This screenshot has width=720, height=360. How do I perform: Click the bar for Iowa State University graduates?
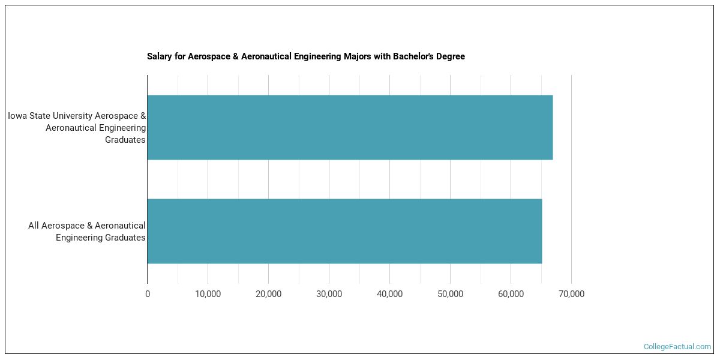(x=350, y=127)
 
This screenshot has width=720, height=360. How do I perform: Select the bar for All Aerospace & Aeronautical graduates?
(x=344, y=231)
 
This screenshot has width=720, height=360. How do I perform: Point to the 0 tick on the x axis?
(x=148, y=294)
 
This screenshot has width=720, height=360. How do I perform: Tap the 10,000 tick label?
(x=208, y=294)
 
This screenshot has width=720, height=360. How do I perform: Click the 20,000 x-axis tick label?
(x=268, y=294)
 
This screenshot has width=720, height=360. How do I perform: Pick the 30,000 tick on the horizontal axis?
(x=329, y=294)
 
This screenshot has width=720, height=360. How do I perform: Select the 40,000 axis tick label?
(x=389, y=294)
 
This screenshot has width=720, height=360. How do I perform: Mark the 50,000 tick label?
(x=450, y=294)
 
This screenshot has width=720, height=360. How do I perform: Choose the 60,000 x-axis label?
(x=511, y=294)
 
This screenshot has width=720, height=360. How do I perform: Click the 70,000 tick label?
(x=571, y=294)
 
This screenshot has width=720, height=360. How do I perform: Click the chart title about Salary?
(x=306, y=56)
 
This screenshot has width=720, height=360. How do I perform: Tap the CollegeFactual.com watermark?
(x=677, y=347)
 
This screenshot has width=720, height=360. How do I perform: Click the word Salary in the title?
(x=160, y=56)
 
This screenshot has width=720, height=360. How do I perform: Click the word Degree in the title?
(x=451, y=56)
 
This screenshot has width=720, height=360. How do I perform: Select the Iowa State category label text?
(x=77, y=128)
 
